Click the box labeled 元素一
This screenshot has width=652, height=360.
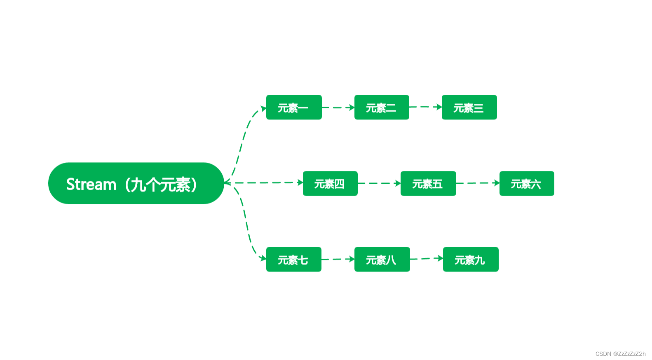tap(294, 108)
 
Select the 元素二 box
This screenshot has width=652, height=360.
tap(382, 108)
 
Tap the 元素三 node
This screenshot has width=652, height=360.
tap(469, 108)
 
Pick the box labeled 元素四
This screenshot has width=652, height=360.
tap(330, 184)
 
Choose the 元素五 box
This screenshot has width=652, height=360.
tap(428, 184)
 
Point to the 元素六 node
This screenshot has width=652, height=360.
tap(527, 184)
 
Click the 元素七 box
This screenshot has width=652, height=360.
tap(294, 259)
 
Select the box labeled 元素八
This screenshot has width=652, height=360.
tap(382, 259)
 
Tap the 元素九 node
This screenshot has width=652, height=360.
tap(471, 259)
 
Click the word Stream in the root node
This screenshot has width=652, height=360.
tap(91, 185)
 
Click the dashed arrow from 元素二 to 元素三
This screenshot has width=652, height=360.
tap(425, 107)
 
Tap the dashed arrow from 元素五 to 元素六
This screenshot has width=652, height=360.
tap(478, 183)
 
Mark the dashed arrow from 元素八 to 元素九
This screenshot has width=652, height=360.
tap(427, 259)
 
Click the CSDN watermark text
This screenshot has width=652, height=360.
tap(620, 354)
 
